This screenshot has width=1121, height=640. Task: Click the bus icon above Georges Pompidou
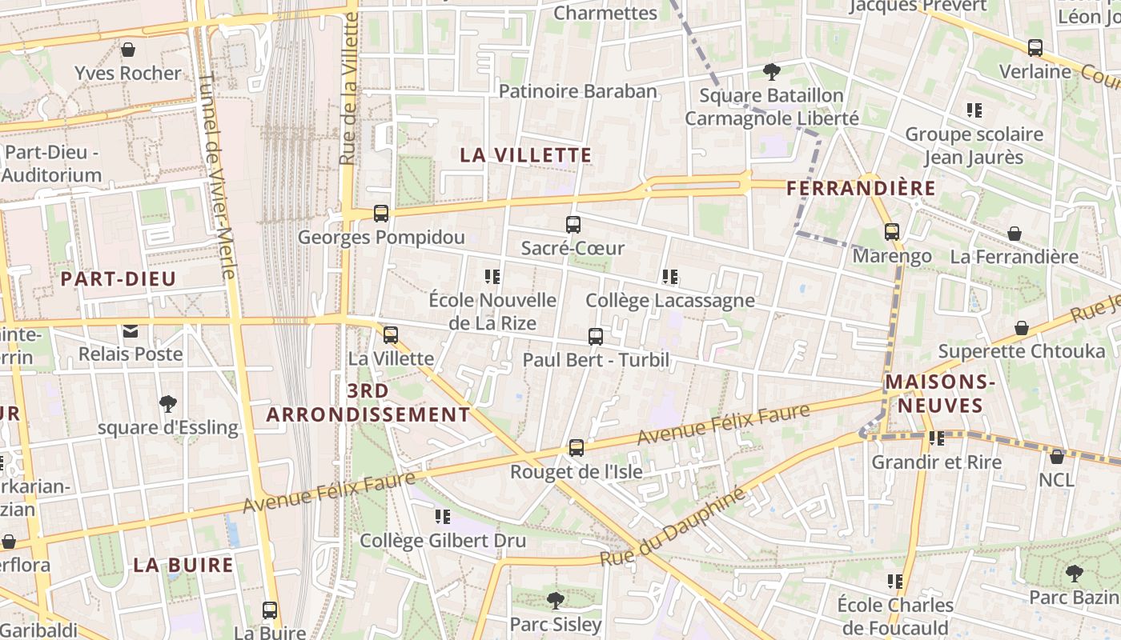click(381, 214)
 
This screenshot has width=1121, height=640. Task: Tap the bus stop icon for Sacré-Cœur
click(573, 225)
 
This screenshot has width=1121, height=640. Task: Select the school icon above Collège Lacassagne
click(670, 277)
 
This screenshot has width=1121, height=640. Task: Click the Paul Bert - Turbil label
click(596, 360)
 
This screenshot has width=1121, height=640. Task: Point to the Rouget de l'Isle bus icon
click(577, 448)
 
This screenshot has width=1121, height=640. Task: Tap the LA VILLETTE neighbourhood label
click(526, 155)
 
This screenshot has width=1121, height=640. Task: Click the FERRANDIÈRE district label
click(861, 188)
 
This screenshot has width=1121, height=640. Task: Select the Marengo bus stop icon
click(892, 232)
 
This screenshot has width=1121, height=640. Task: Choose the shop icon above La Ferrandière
click(1014, 234)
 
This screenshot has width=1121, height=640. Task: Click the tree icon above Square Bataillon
click(772, 72)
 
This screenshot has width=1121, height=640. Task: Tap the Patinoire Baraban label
click(578, 91)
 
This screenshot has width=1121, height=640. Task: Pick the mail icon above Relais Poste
click(130, 330)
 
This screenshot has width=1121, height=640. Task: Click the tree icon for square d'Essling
click(168, 404)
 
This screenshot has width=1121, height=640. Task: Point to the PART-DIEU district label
click(119, 279)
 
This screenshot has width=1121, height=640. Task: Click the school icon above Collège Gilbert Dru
click(443, 517)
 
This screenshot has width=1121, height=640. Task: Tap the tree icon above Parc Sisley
click(556, 600)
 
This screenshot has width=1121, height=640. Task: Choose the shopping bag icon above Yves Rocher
click(128, 50)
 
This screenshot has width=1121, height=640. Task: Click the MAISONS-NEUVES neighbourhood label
click(940, 394)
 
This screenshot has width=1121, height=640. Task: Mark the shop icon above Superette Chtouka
click(1022, 328)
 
